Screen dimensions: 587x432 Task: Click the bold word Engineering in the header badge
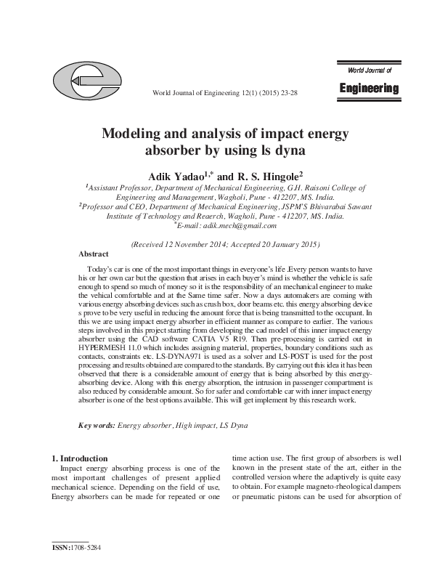tap(369, 89)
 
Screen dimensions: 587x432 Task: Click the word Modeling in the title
tap(129, 134)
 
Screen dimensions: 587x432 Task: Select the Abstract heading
tap(94, 254)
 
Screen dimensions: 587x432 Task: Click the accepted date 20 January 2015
tap(283, 245)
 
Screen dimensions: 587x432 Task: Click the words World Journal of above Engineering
tap(370, 70)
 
